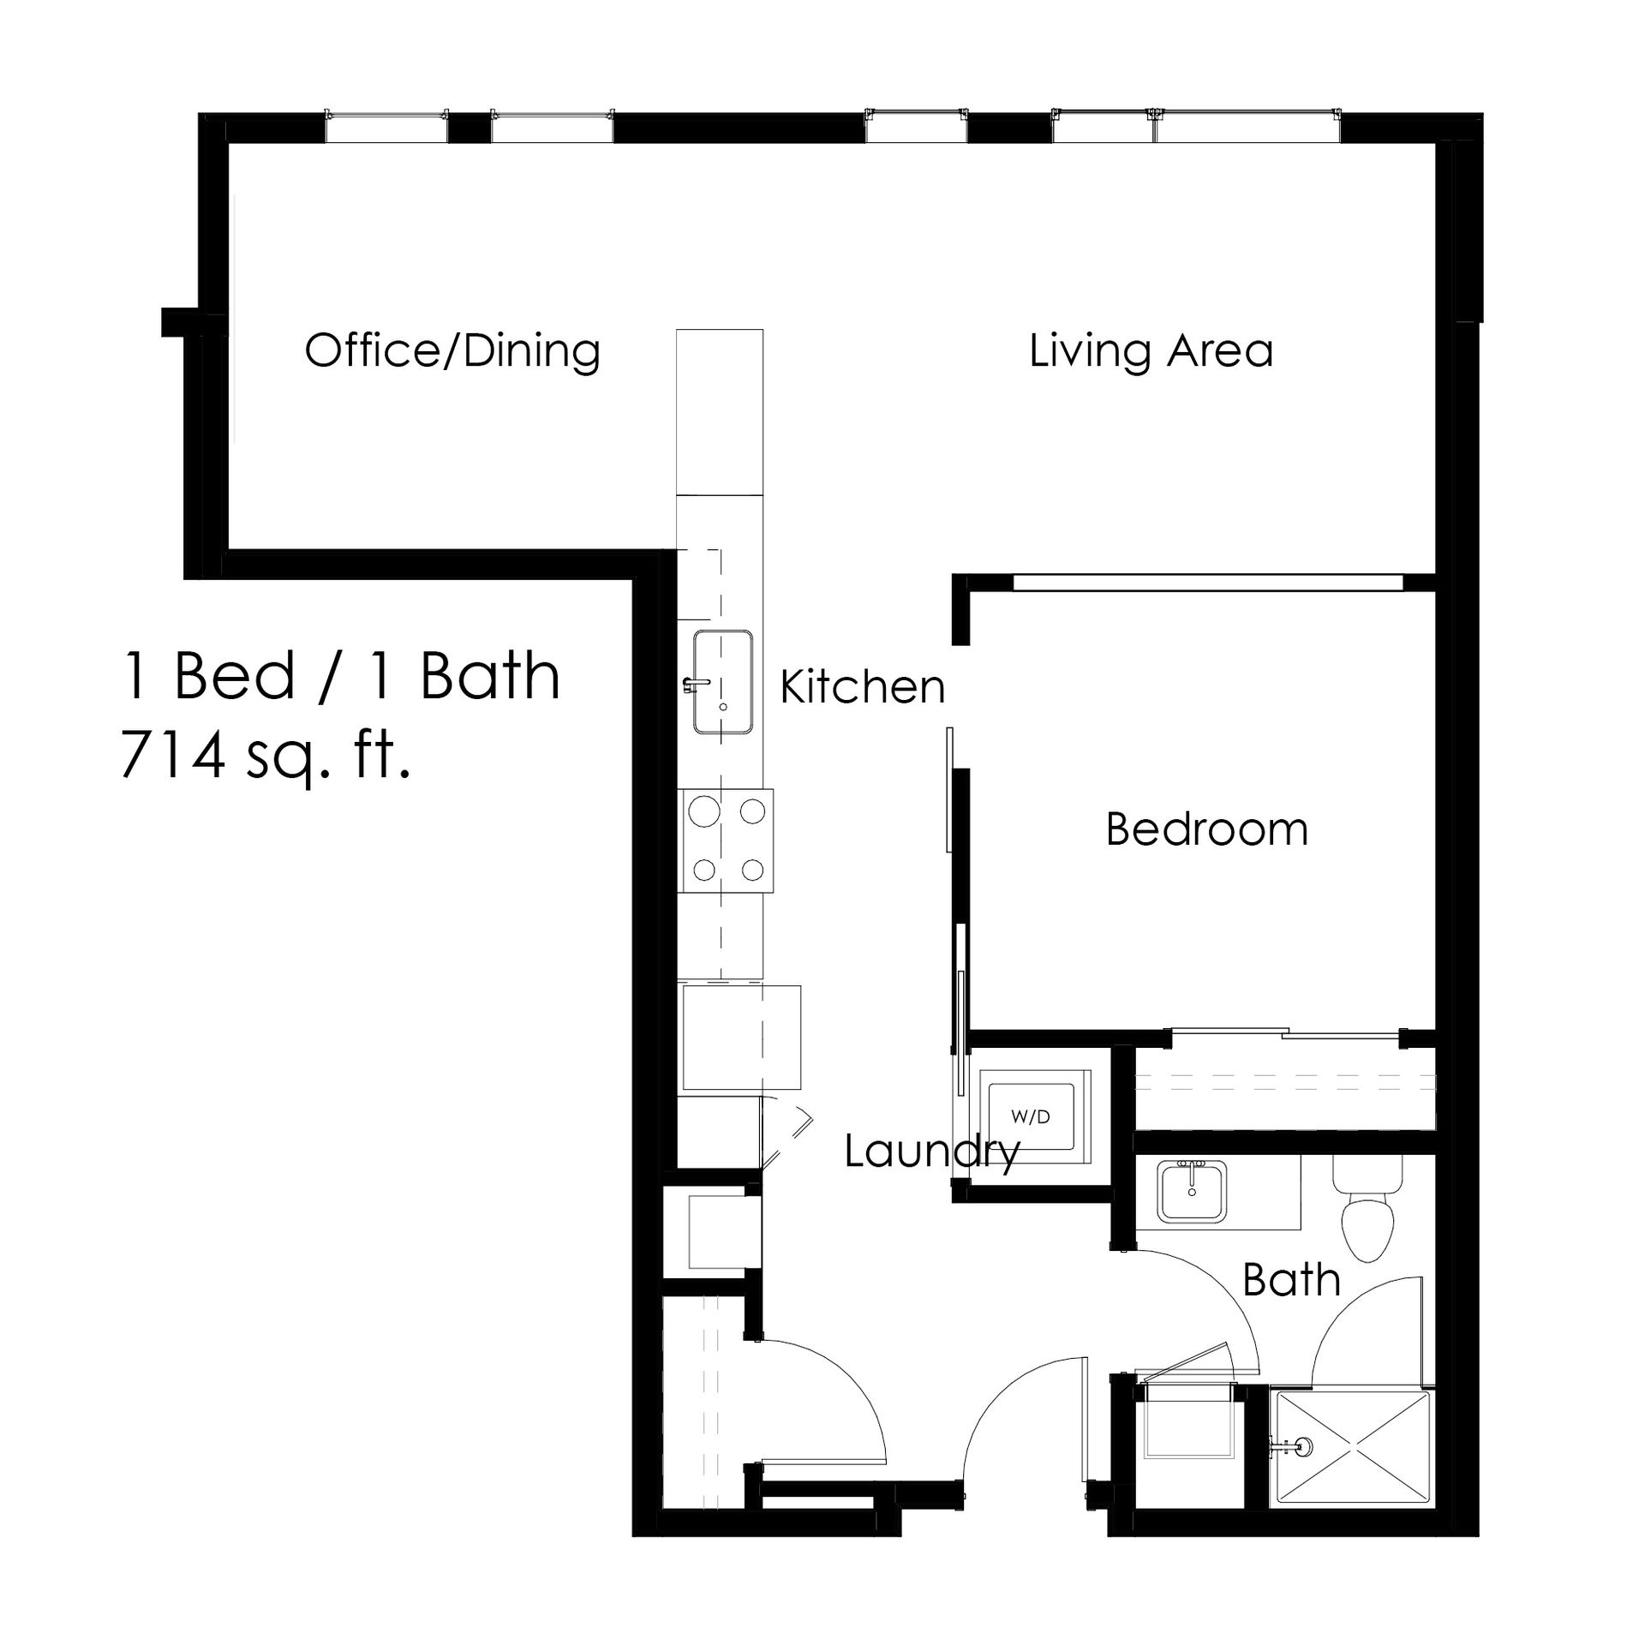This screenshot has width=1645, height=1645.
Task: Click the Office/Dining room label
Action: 452,351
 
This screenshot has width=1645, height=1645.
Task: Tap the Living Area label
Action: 1151,351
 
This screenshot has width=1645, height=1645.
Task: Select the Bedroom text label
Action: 1207,829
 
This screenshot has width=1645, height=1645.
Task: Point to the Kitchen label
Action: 863,687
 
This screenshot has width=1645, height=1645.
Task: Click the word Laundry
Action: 932,1152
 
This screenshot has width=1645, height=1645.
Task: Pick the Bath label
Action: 1291,1280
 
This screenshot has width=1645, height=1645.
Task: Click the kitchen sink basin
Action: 723,682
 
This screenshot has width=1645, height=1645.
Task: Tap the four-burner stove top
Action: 726,840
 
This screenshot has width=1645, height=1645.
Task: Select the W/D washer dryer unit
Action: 1030,1117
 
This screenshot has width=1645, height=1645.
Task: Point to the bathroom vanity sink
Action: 1192,1192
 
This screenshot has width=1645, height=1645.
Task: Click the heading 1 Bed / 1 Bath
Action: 341,675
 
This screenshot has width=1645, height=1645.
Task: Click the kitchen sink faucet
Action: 696,684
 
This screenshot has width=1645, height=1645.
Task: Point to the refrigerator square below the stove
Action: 740,1037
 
